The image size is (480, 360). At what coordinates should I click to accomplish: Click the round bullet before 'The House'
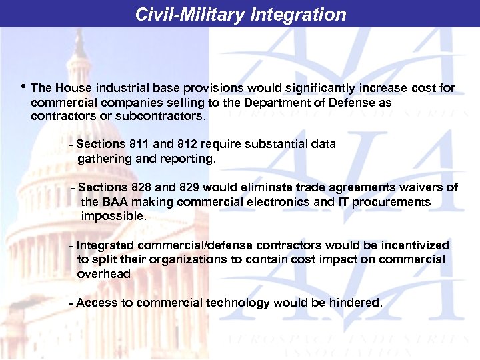[x=24, y=87]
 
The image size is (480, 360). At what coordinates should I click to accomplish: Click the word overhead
[x=104, y=274]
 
